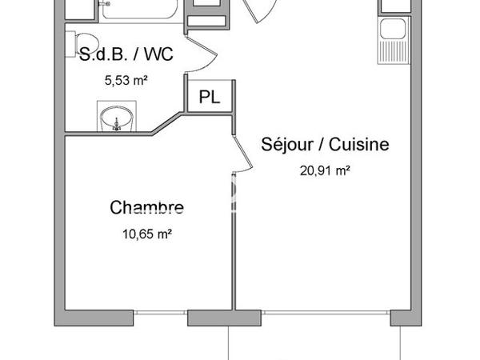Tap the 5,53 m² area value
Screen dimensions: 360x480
tap(126, 80)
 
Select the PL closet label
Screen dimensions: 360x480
tap(210, 98)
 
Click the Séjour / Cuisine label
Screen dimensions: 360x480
tap(325, 145)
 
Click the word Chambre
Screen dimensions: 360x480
tap(146, 209)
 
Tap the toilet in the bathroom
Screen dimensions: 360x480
tap(82, 42)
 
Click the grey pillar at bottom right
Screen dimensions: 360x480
tap(402, 318)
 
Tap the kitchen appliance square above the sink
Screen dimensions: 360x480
tap(395, 6)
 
